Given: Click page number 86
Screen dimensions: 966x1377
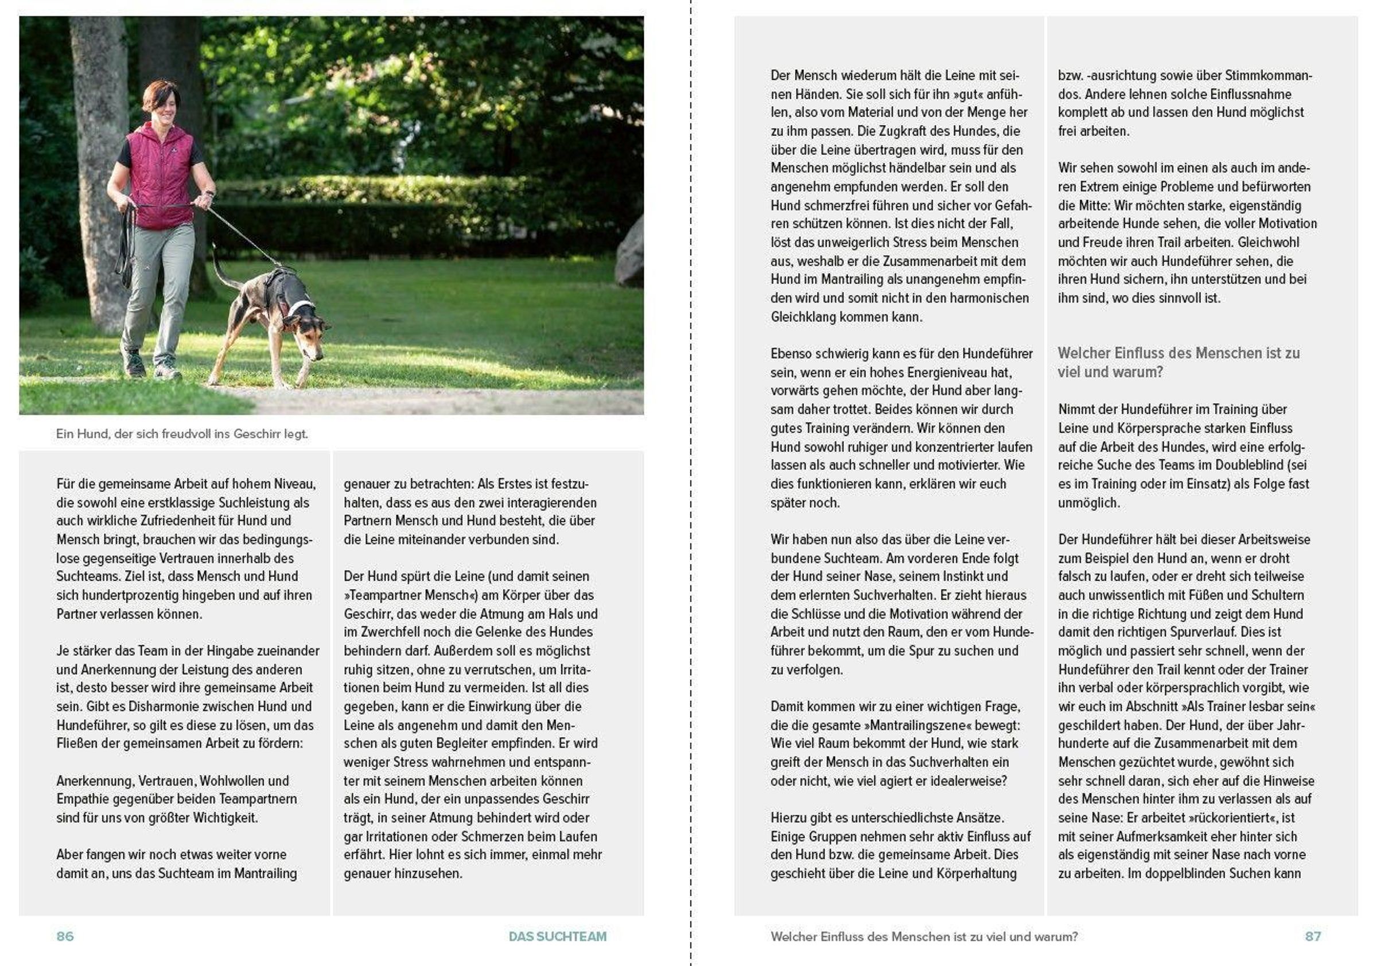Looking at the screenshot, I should coord(65,936).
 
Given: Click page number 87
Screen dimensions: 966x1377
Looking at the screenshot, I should coord(1312,936).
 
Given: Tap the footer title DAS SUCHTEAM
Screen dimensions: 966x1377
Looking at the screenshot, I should coord(557,936).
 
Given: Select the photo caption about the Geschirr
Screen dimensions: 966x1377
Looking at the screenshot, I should coord(182,434).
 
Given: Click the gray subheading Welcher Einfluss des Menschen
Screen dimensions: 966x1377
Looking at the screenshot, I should coord(1178,362).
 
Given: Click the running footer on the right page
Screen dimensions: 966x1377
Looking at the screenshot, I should coord(924,936).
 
